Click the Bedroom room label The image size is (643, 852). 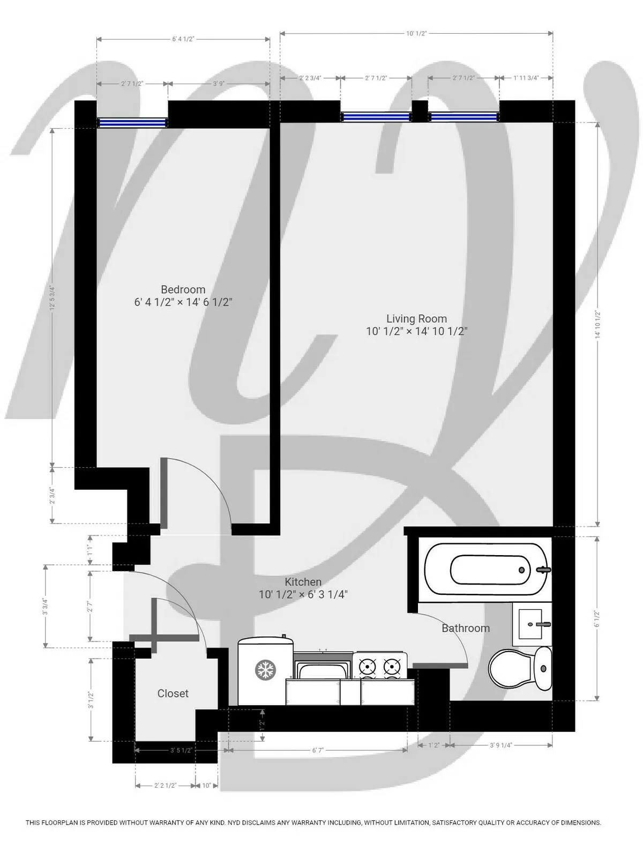click(183, 289)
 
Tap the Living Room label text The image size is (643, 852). click(416, 319)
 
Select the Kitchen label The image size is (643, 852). click(303, 582)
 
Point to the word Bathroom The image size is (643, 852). click(466, 628)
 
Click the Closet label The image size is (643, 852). click(173, 693)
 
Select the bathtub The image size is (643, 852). click(485, 570)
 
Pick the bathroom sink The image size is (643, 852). click(532, 624)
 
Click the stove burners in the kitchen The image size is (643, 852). click(380, 667)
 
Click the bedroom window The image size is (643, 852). click(132, 123)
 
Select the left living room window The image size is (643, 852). click(376, 117)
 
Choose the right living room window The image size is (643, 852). click(463, 117)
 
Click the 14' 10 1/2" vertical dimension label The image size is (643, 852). click(597, 325)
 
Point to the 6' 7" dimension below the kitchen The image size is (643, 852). click(318, 751)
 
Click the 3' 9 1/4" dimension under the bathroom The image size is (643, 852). click(501, 745)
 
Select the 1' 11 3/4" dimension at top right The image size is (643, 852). click(526, 78)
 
